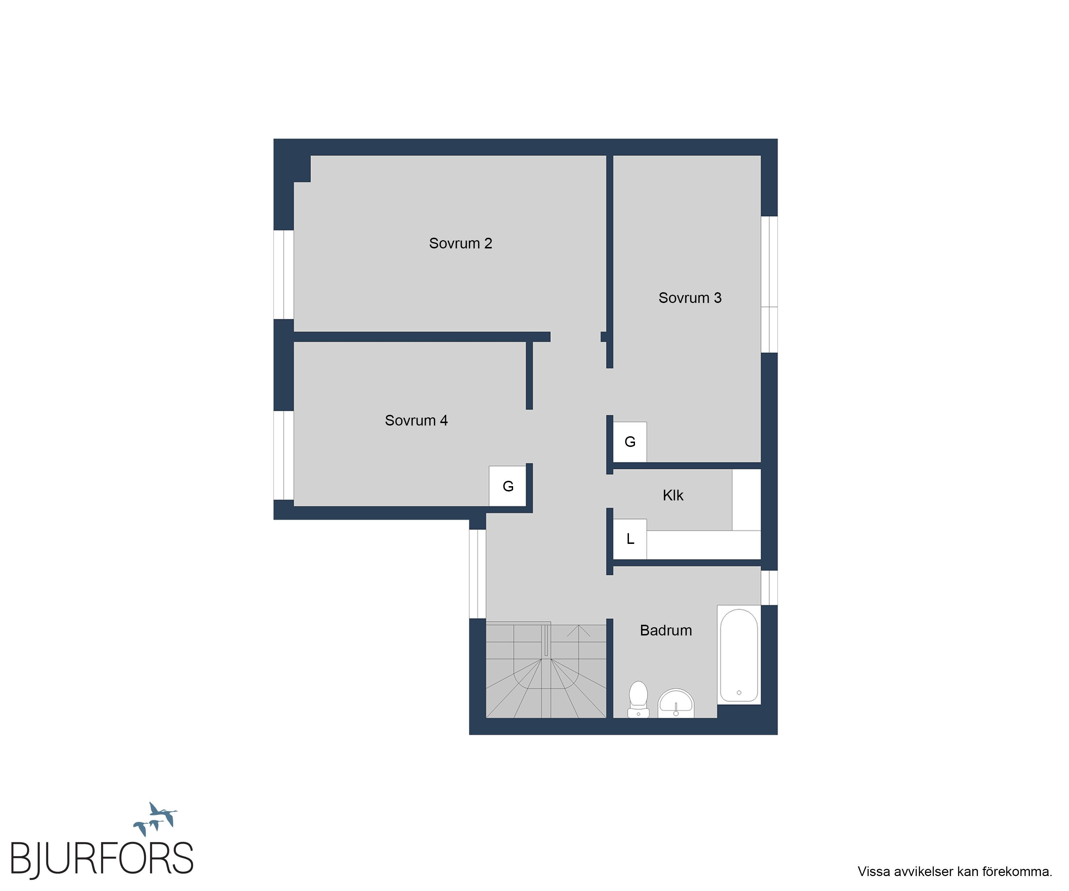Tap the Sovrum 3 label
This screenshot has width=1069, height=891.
point(690,298)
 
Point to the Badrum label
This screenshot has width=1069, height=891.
point(666,630)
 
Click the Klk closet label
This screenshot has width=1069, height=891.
point(673,495)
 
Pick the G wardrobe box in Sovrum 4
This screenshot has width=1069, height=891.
point(507,486)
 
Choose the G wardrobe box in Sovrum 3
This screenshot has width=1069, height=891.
point(630,442)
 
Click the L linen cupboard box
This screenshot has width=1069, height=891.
point(630,539)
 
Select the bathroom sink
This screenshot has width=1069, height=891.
point(676,704)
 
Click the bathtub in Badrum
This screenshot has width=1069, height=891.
point(739,655)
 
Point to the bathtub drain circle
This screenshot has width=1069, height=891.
point(739,692)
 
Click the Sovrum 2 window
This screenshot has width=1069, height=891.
point(284,274)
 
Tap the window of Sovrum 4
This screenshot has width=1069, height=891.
point(284,455)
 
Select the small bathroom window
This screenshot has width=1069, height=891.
point(769,588)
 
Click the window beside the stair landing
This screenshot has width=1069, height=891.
point(477,574)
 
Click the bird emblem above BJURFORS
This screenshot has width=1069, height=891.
point(155,819)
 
